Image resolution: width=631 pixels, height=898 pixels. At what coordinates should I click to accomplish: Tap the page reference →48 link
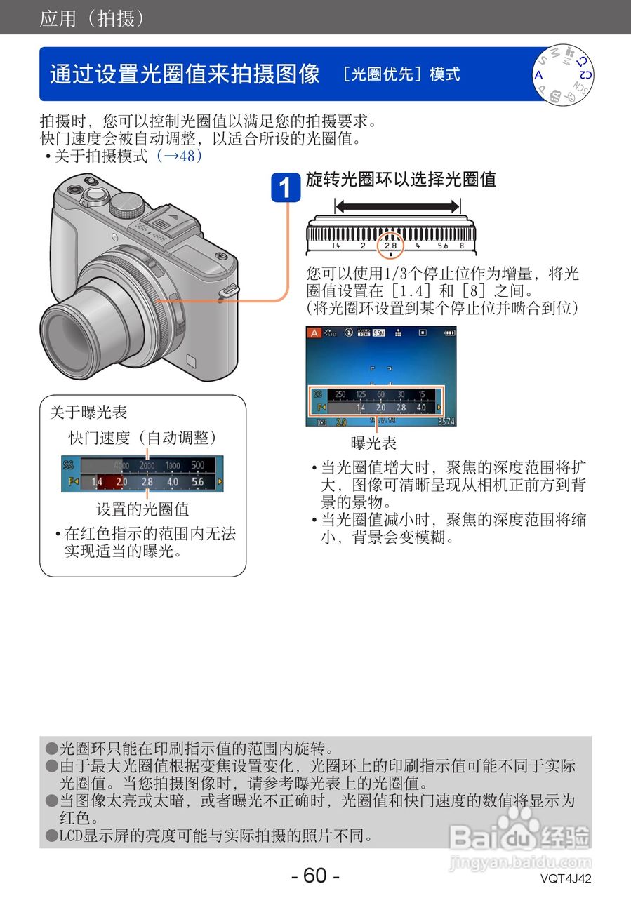point(180,156)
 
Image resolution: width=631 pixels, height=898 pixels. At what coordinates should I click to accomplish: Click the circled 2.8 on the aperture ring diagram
point(390,246)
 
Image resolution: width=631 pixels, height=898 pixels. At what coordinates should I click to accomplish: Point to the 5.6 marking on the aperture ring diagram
point(442,246)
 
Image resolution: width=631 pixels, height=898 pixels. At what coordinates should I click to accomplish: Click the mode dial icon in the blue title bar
point(563,75)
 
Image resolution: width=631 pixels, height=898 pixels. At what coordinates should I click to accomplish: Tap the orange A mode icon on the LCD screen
point(315,334)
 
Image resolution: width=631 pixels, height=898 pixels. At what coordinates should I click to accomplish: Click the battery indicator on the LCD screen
point(449,333)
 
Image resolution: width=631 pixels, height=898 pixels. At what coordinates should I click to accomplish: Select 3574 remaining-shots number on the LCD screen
point(446,422)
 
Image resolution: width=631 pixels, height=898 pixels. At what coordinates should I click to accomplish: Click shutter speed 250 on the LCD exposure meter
point(340,394)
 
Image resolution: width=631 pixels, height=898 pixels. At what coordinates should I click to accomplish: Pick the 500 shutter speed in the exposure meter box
point(198,465)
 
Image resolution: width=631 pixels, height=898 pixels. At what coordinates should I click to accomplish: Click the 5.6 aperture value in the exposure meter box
point(198,483)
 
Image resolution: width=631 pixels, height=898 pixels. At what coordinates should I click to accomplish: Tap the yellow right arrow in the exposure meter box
point(220,482)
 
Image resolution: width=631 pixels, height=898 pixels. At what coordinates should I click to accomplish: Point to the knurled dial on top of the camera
point(127,203)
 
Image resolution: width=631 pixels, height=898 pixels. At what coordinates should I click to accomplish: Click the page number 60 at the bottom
point(315,876)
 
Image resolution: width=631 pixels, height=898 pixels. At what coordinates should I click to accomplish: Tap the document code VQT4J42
point(566,878)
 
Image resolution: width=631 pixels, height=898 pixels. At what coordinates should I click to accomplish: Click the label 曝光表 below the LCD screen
point(373,443)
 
